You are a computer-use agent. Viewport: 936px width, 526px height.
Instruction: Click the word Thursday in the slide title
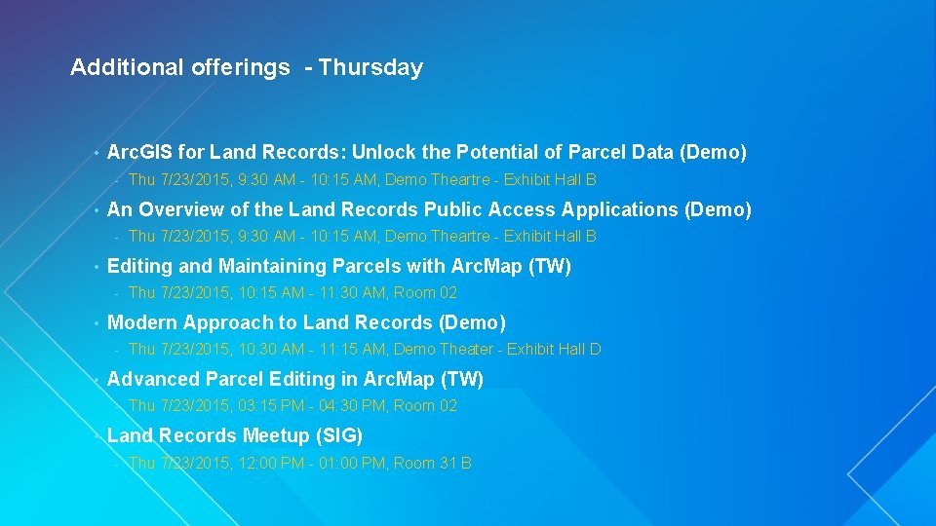point(370,68)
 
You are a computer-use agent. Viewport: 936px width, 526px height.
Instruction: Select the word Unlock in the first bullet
point(384,153)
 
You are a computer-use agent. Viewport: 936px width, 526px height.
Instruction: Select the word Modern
point(141,322)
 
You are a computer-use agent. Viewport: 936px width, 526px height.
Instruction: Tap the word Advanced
point(151,379)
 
